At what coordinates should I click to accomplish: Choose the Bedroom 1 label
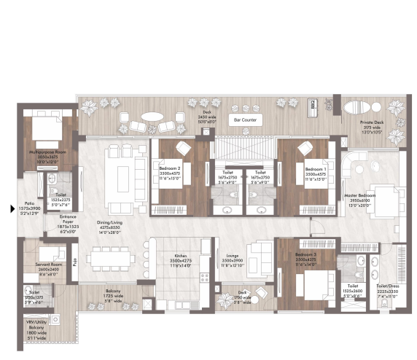(x=315, y=168)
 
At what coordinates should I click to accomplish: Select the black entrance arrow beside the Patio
(x=9, y=210)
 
